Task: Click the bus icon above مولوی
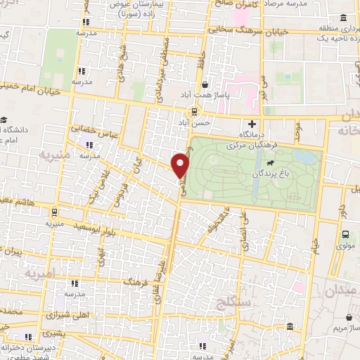click(x=345, y=236)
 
